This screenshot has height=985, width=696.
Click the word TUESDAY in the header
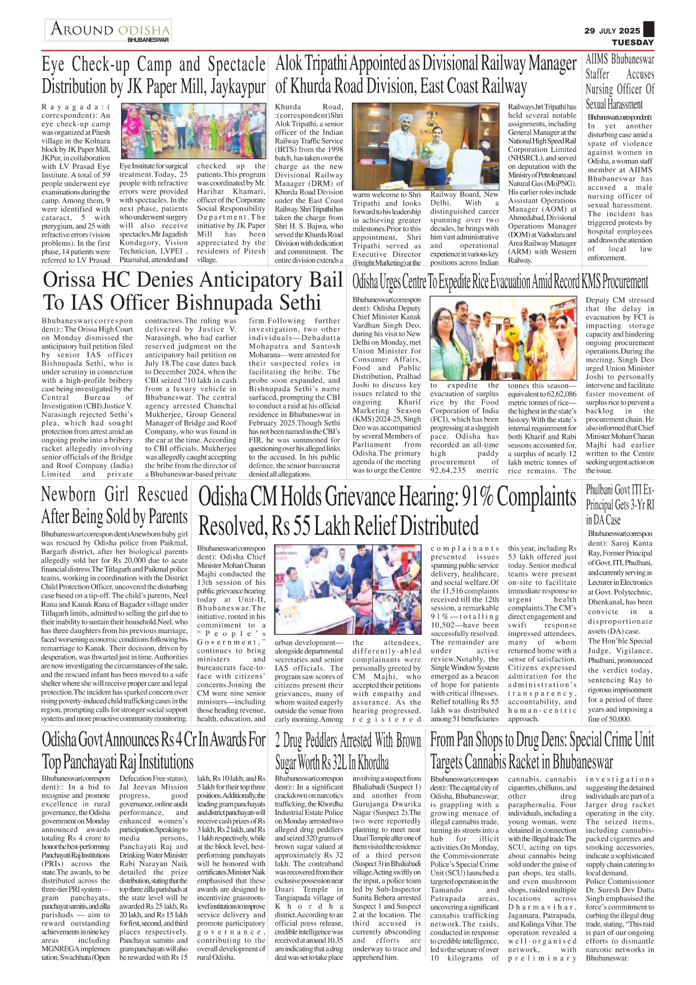coord(633,42)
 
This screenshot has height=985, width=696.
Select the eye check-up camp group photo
coord(193,131)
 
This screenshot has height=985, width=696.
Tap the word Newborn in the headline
coord(69,494)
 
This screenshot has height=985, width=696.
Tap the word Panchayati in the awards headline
coord(90,763)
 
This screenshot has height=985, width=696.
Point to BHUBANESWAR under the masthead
coord(148,40)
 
